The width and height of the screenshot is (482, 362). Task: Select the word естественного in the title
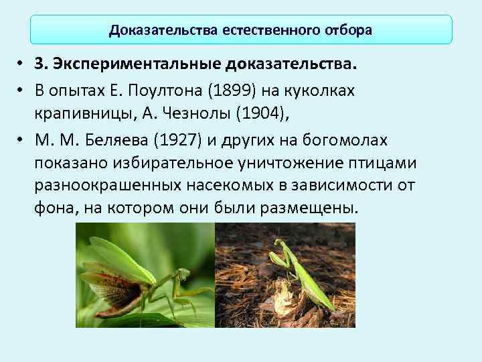(263, 30)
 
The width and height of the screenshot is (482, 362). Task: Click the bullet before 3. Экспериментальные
(21, 65)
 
